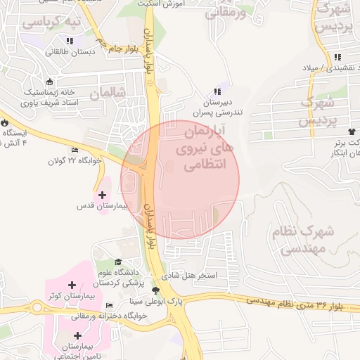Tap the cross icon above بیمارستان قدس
[103, 194]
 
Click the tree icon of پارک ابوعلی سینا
[155, 289]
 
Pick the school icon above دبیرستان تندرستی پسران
[217, 91]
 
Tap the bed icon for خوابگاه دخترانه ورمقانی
[108, 306]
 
